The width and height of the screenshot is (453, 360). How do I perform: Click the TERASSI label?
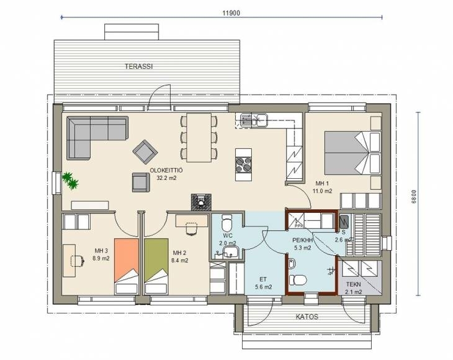(138, 66)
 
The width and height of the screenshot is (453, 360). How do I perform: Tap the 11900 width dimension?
(231, 13)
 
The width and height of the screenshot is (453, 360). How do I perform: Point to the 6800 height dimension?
(414, 197)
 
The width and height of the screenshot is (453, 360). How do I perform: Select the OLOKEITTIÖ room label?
(166, 171)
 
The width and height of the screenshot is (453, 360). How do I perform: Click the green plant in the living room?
(70, 181)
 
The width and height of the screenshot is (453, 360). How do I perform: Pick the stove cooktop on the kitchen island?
(243, 164)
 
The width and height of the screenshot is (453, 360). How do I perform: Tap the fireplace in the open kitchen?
(201, 202)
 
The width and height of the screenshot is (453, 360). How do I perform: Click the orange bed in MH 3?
(126, 266)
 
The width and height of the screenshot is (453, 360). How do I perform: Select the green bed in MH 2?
(156, 266)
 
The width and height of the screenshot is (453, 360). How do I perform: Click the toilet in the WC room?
(226, 222)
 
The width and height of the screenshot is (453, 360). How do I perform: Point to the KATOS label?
(307, 317)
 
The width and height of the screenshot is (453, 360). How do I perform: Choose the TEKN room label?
(353, 284)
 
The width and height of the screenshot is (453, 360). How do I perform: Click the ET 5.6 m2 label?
(263, 283)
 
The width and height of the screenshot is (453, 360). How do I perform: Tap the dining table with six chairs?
(199, 138)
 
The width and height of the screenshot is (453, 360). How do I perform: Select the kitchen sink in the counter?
(251, 120)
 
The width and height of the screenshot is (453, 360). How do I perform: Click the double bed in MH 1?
(352, 153)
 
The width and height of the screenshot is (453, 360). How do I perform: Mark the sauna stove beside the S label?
(344, 222)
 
